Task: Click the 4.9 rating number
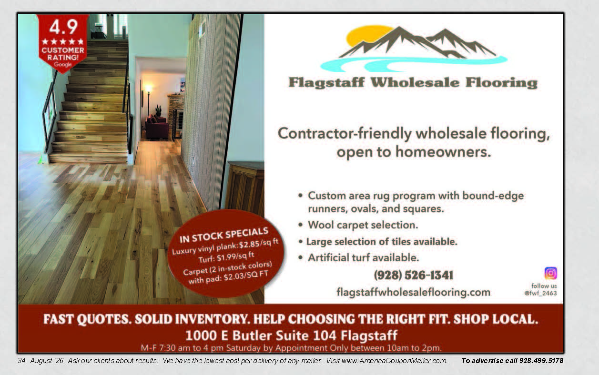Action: (63, 27)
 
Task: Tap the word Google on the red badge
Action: (63, 64)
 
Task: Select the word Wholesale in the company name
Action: (415, 82)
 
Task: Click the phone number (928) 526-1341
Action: (414, 275)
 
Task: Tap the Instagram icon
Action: (550, 273)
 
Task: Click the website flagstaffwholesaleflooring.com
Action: (414, 292)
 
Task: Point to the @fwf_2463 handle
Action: (540, 293)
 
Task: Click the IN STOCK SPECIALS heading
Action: (224, 235)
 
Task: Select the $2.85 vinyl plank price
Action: (249, 244)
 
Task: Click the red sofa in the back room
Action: (157, 127)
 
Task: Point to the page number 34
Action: (21, 361)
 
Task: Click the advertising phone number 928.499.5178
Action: (541, 361)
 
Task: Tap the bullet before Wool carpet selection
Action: (301, 225)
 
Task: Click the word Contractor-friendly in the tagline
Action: (345, 133)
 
